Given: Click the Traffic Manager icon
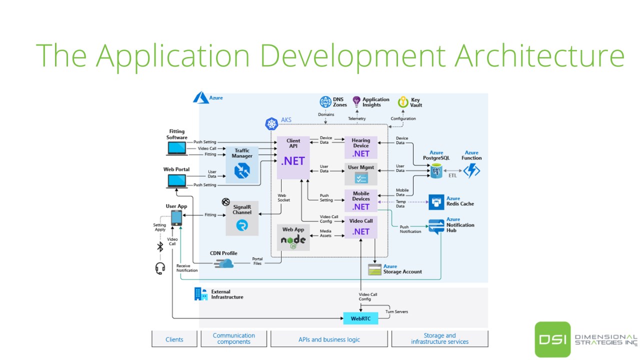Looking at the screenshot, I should tap(242, 170).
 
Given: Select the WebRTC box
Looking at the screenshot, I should tap(360, 318).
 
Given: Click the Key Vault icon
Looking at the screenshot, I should tap(402, 102).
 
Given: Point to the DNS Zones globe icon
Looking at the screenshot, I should tap(325, 102).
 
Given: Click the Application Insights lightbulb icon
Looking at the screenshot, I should tap(356, 102).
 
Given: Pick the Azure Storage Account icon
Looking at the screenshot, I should tap(375, 269).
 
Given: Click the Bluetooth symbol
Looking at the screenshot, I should tap(160, 247).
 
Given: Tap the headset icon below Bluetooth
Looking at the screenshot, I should tap(160, 268).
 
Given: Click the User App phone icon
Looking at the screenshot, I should tap(176, 218).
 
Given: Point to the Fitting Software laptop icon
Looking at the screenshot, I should tap(176, 148).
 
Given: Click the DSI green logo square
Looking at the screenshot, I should tap(552, 339).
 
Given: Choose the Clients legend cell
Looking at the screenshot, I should tap(174, 339).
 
